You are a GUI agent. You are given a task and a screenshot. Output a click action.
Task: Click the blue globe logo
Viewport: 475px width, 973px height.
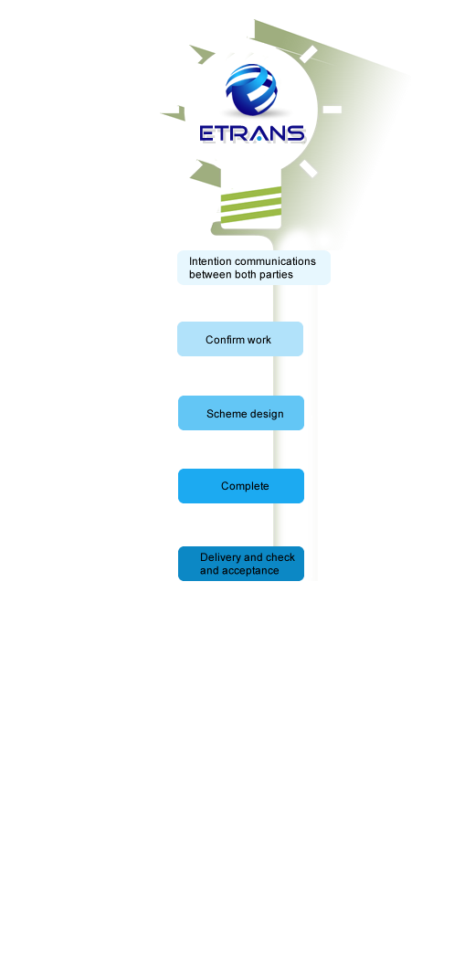pos(251,90)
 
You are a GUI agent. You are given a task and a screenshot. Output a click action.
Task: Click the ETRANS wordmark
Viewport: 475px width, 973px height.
pos(252,134)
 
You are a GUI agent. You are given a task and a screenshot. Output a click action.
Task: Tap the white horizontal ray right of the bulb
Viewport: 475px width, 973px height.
pos(332,110)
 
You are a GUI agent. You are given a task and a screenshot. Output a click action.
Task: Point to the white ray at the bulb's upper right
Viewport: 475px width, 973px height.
pos(309,54)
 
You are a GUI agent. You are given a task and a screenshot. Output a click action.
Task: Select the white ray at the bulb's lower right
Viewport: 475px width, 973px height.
pos(309,168)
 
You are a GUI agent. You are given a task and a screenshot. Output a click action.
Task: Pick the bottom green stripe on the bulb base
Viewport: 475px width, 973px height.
pos(251,216)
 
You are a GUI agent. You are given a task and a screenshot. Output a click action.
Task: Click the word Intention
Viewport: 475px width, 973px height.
pos(210,261)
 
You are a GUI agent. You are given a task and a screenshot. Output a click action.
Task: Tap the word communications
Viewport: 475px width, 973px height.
pos(275,261)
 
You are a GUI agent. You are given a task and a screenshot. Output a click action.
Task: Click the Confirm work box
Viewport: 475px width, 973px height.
pos(240,339)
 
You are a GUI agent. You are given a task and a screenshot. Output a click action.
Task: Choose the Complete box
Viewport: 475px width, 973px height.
pos(241,486)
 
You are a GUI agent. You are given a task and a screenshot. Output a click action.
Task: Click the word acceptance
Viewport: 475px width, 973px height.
pos(250,571)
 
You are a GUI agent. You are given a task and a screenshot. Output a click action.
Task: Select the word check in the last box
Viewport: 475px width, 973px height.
pos(280,557)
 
